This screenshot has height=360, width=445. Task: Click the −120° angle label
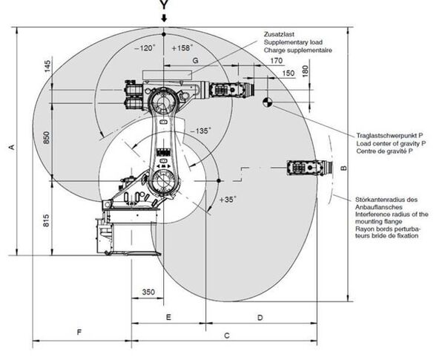(145, 48)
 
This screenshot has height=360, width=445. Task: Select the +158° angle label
(182, 48)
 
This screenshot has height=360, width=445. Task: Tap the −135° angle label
(201, 131)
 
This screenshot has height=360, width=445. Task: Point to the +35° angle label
(228, 199)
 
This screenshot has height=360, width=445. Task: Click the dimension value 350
(148, 292)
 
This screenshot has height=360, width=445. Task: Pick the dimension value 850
(47, 137)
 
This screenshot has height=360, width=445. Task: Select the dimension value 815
(46, 220)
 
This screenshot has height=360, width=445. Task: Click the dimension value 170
(276, 61)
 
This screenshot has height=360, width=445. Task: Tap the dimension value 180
(306, 71)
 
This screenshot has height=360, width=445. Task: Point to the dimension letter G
(195, 61)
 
